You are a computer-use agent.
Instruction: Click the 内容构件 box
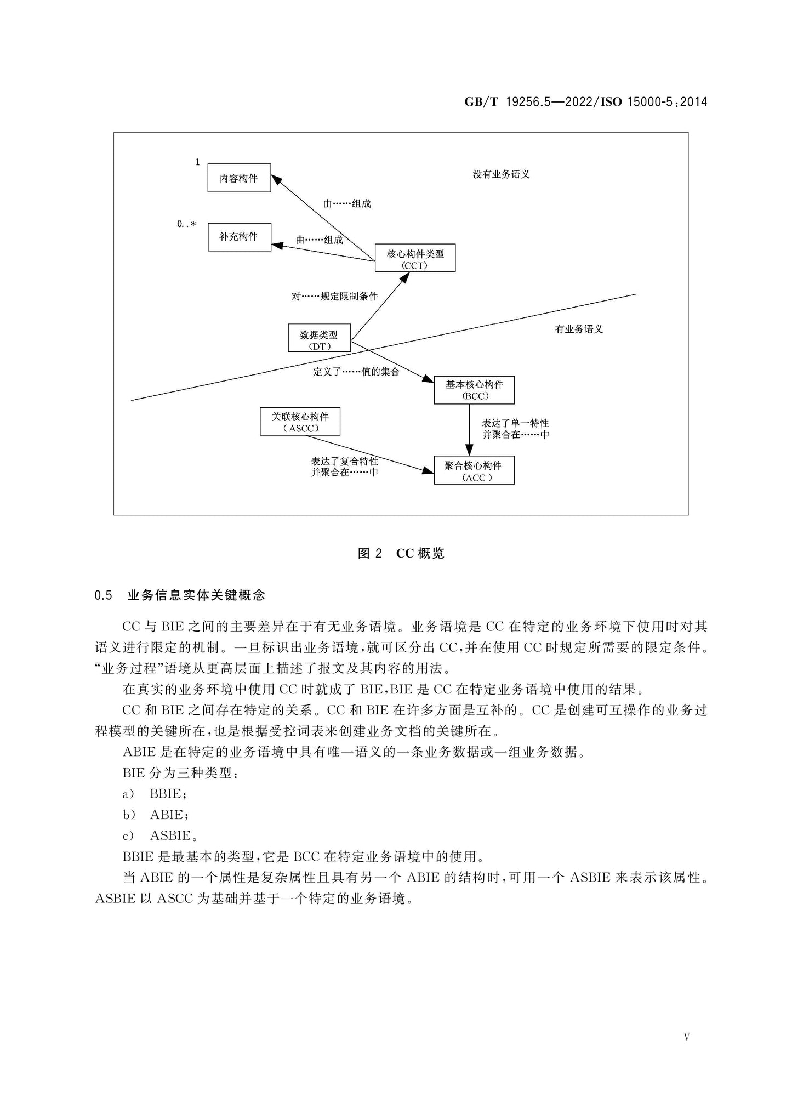pyautogui.click(x=239, y=178)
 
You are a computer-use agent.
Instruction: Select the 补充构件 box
pyautogui.click(x=240, y=237)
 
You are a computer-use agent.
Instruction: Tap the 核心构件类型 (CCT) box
pyautogui.click(x=415, y=258)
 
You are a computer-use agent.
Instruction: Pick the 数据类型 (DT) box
pyautogui.click(x=319, y=338)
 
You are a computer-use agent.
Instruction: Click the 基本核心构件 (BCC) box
pyautogui.click(x=474, y=390)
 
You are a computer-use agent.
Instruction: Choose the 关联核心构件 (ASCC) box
pyautogui.click(x=300, y=422)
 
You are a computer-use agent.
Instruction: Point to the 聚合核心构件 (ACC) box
pyautogui.click(x=474, y=470)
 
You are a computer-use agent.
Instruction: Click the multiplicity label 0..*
pyautogui.click(x=186, y=224)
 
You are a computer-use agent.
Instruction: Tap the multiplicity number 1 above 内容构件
pyautogui.click(x=198, y=162)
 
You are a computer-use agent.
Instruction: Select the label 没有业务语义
pyautogui.click(x=502, y=174)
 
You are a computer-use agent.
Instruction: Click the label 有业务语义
pyautogui.click(x=579, y=329)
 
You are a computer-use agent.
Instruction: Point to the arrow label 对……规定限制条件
pyautogui.click(x=334, y=297)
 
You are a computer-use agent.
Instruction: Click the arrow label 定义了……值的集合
pyautogui.click(x=356, y=372)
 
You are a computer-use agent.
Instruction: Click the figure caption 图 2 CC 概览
pyautogui.click(x=401, y=553)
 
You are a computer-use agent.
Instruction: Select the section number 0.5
pyautogui.click(x=103, y=595)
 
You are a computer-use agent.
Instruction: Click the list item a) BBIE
pyautogui.click(x=155, y=794)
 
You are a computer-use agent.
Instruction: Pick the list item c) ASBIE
pyautogui.click(x=159, y=835)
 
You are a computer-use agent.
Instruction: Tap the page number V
pyautogui.click(x=687, y=1037)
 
